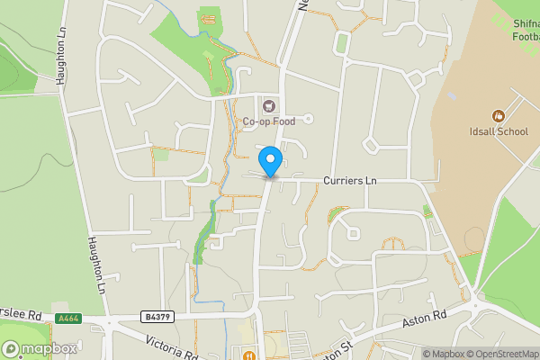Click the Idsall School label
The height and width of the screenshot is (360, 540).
[499, 131]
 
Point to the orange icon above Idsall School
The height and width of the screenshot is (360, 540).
[497, 115]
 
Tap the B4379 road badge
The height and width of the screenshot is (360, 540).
[156, 317]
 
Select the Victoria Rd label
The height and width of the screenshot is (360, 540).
[172, 346]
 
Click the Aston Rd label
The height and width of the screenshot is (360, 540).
[424, 319]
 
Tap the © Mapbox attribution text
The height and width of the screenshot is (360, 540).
[443, 354]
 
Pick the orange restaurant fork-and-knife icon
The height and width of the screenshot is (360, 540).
[247, 354]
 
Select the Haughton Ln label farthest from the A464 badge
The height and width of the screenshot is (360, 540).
[62, 57]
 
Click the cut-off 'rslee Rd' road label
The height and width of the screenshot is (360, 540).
[22, 315]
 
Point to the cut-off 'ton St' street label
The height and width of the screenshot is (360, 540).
[331, 350]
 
